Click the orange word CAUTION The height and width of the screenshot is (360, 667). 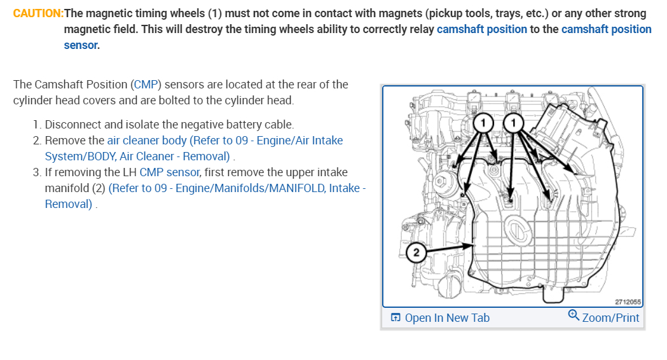(x=38, y=13)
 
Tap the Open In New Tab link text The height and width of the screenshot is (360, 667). (x=447, y=317)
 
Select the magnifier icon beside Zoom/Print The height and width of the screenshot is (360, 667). (x=574, y=316)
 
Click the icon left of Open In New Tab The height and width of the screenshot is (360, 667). (x=395, y=317)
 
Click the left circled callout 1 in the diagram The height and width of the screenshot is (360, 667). (x=483, y=121)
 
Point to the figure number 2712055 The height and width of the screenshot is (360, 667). (x=627, y=302)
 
